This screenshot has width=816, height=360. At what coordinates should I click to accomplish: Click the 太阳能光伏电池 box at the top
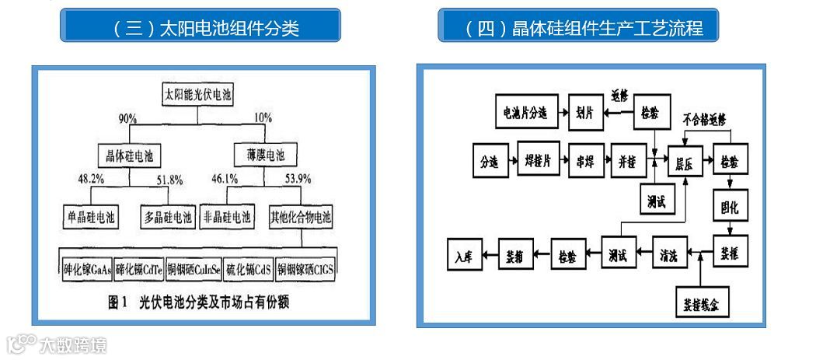pos(198,95)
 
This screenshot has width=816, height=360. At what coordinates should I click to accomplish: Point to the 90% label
pos(127,119)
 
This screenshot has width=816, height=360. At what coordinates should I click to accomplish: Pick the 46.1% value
pos(225,180)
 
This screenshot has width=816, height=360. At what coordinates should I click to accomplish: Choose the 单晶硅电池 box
pos(90,217)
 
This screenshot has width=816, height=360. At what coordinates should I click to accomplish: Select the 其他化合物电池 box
pos(300,217)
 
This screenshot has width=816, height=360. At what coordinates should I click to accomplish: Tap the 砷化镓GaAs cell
pos(87,271)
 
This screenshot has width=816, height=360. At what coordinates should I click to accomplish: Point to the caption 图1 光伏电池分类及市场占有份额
pos(198,303)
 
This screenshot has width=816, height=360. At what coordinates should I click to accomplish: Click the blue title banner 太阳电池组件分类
pos(201,29)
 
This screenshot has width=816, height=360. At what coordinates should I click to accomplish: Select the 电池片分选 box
pos(524,112)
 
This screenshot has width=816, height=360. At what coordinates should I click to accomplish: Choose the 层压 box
pos(683,163)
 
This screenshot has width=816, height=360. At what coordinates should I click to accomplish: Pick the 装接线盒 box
pos(701,302)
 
